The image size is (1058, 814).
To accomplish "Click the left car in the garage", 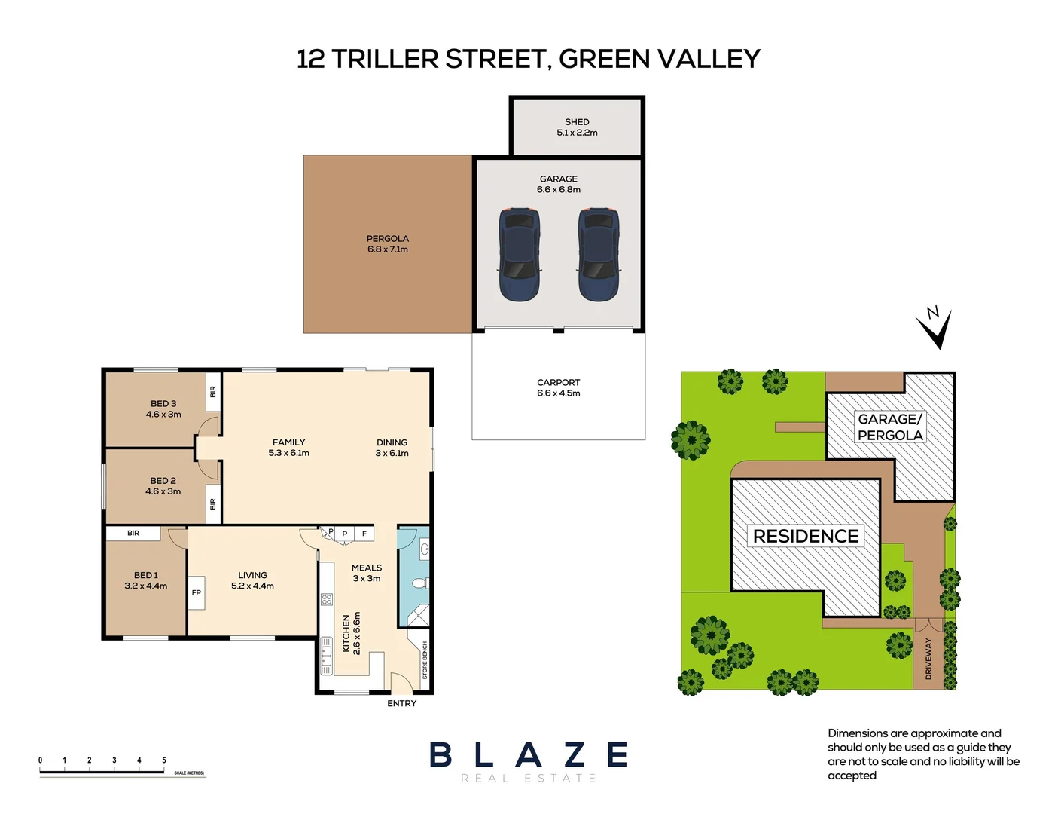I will pos(519,255).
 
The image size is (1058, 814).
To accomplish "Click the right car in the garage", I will pos(599,255).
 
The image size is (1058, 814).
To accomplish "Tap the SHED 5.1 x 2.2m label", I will pos(577,127).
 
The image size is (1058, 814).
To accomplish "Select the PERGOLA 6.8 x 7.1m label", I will pos(388,244).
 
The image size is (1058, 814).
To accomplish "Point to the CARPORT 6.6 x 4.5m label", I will pos(559,388).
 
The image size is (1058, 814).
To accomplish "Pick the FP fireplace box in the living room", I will pos(197,592).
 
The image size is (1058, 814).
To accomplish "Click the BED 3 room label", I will pos(163,409).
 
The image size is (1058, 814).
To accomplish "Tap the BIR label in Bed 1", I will pos(133,534).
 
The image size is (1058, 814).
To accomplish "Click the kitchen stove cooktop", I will pos(327,600).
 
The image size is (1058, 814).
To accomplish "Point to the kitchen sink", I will pos(327,656).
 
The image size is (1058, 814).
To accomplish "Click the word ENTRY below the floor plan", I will pos(401,703).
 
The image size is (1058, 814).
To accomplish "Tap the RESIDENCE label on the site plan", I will pos(806,536).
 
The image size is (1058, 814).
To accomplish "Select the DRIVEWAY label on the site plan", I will pos(928,659).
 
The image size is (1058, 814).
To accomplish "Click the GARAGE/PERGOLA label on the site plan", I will pos(890,427).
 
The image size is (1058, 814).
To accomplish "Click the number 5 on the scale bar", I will pos(164,760).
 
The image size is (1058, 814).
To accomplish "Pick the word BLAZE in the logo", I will pos(529,755).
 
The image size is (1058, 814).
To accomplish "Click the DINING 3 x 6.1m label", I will pos(392,448).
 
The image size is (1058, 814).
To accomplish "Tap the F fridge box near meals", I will pos(364,534).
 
